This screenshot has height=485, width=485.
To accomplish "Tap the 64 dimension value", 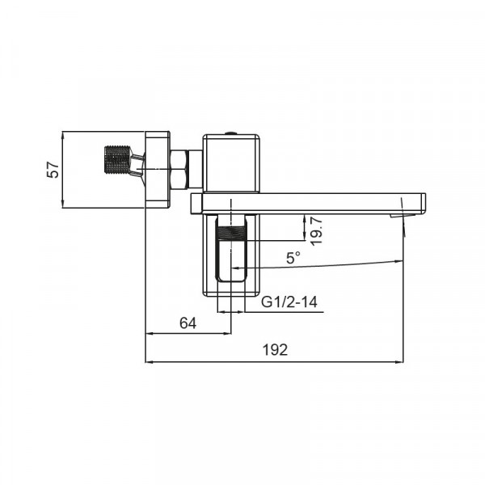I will point(188,323).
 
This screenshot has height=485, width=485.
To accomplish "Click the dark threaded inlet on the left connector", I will point(118,160).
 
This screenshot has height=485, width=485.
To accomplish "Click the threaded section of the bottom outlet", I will point(233,242).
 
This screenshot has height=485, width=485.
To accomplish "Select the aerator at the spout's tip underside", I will point(399,215).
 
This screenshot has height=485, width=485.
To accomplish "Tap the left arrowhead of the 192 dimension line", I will point(149,361).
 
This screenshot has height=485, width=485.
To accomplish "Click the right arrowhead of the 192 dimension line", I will point(399,361).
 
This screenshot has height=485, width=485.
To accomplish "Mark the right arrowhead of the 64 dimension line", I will point(228,332).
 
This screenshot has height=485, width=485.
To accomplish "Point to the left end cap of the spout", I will point(195,203).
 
